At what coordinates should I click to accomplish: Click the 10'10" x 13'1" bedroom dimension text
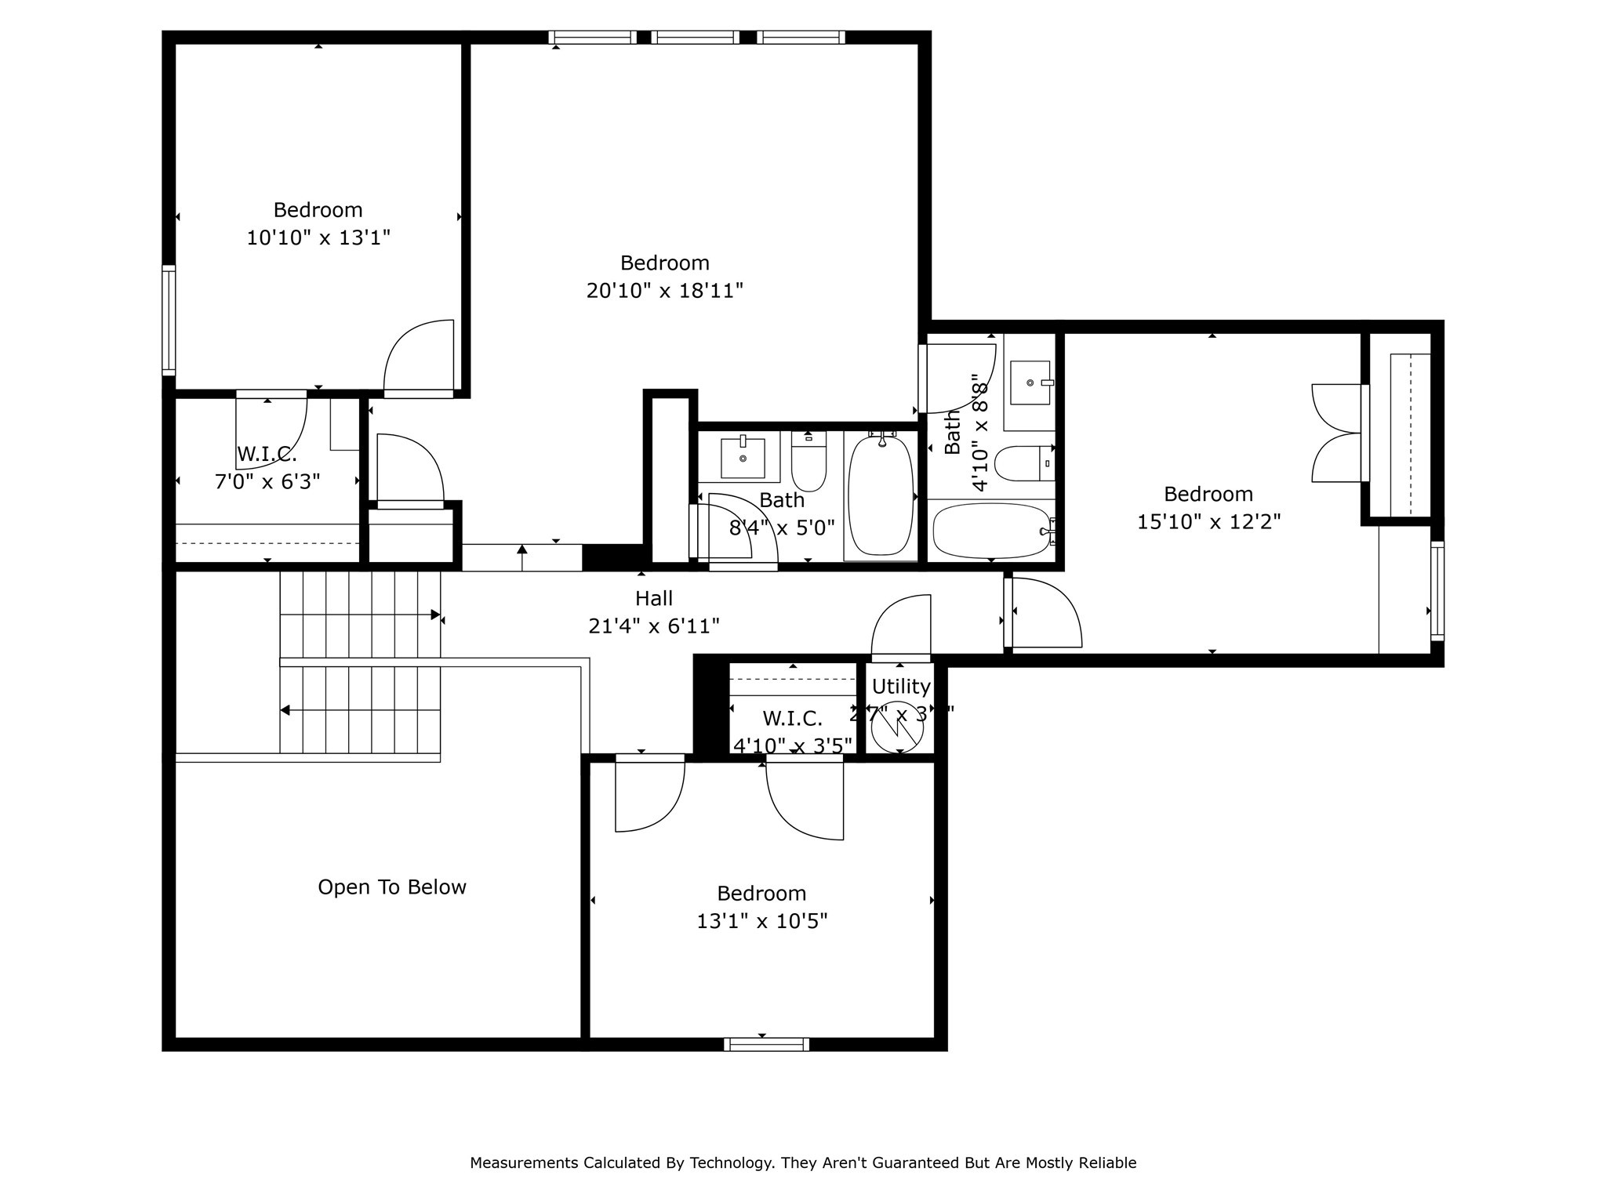(318, 238)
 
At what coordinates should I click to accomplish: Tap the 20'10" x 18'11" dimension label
(664, 291)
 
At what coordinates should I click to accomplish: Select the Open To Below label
(391, 887)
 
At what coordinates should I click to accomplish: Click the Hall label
(653, 598)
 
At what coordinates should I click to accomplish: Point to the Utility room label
(901, 687)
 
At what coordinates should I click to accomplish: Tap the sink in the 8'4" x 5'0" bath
(742, 458)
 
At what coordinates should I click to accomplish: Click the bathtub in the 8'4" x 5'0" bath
(881, 495)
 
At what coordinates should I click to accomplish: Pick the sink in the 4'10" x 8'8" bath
(1030, 383)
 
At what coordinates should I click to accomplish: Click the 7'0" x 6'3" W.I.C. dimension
(267, 481)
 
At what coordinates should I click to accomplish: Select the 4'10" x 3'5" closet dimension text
(792, 745)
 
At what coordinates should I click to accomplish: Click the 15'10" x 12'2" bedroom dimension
(1208, 521)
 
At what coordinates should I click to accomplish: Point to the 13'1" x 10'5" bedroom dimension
(761, 921)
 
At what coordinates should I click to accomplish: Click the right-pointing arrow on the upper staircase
(436, 615)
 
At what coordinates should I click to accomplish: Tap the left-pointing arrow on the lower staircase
(285, 710)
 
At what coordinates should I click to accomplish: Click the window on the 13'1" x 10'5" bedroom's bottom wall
(766, 1044)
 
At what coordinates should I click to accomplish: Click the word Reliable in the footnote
(1107, 1162)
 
